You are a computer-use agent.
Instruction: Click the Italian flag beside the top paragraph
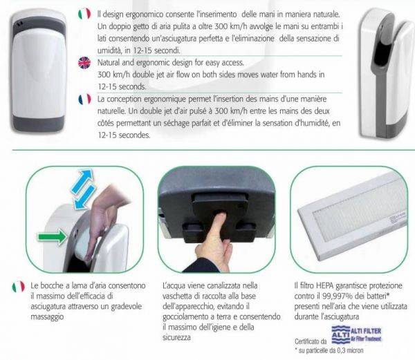coord(84,13)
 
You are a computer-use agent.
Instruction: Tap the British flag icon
coord(84,61)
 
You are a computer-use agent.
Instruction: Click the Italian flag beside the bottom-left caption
coord(18,285)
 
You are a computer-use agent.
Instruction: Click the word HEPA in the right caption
coord(326,283)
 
